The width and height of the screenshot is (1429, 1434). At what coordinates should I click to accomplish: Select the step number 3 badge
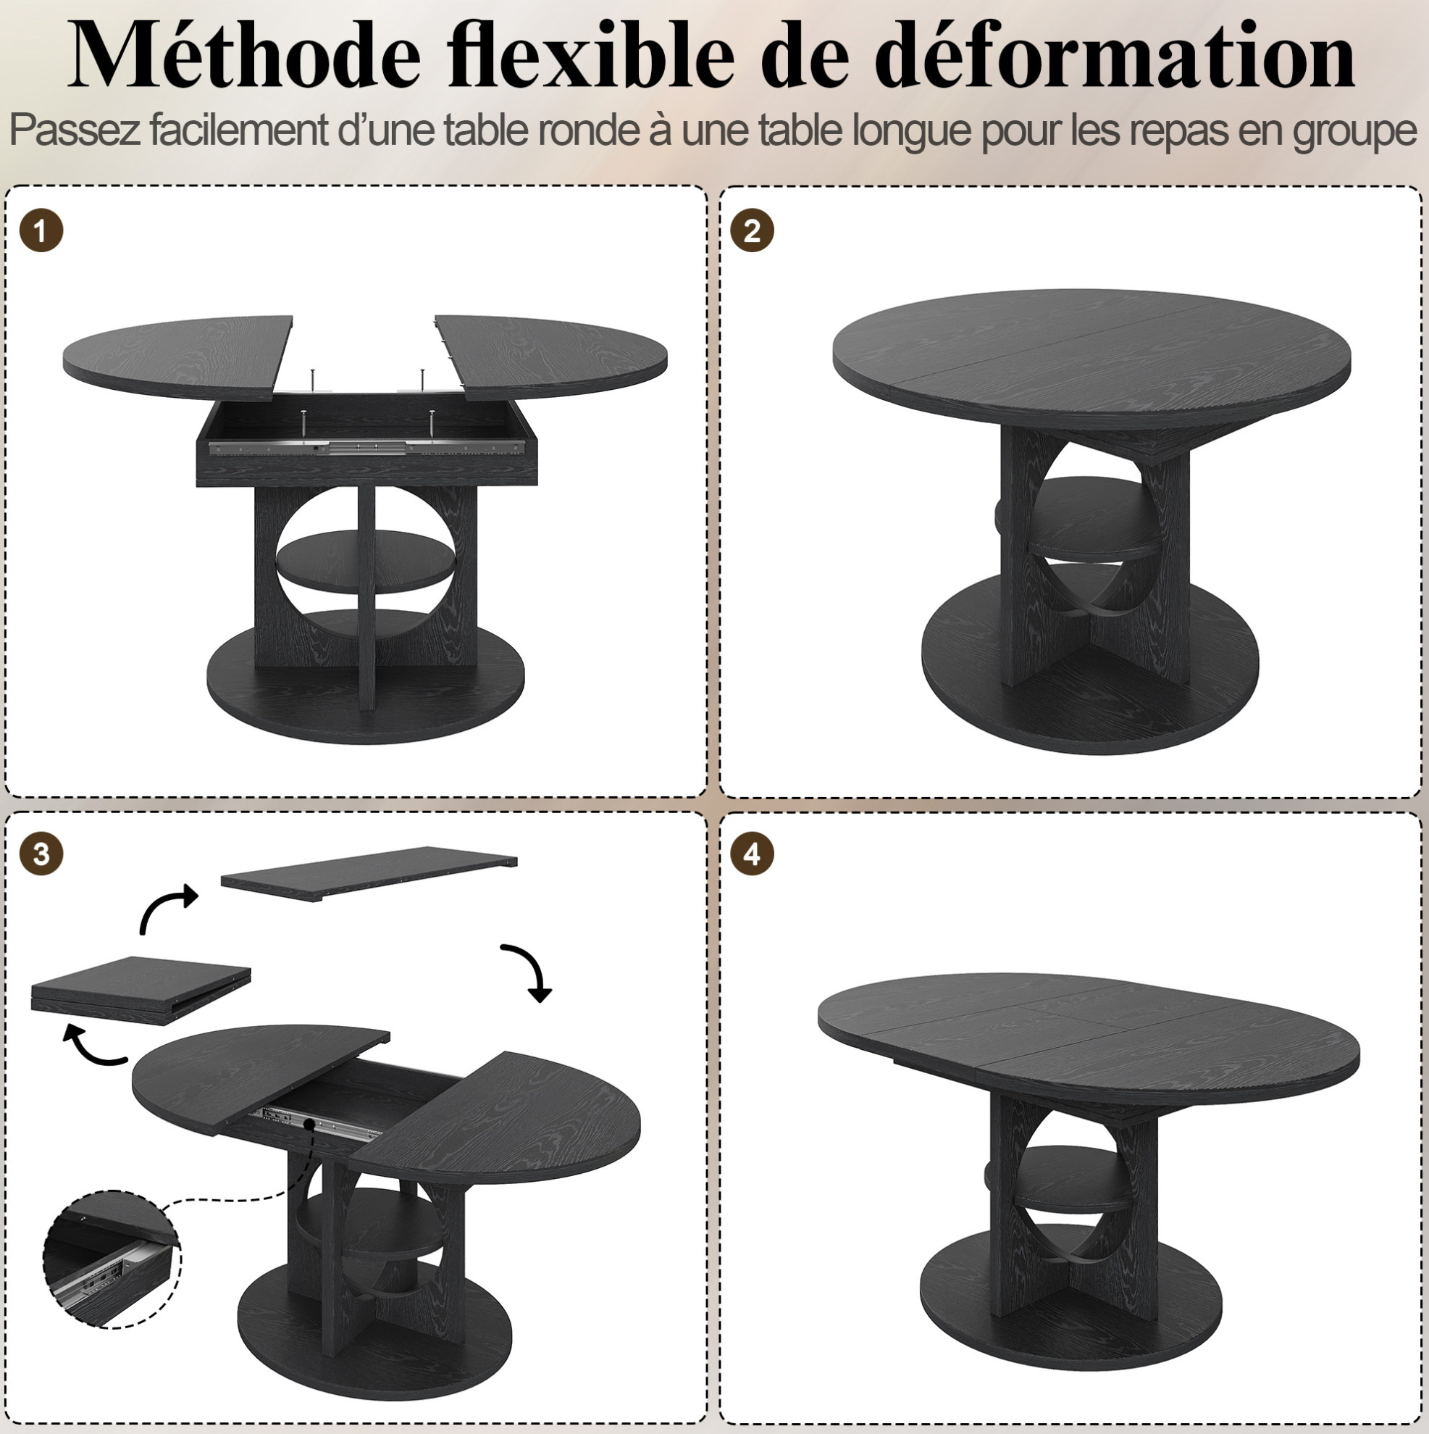(41, 854)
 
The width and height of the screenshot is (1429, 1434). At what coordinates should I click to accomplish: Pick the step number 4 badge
(753, 854)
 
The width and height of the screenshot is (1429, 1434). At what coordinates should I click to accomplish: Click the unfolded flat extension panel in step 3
(369, 874)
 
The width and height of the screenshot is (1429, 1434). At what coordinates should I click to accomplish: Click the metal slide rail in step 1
(371, 447)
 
